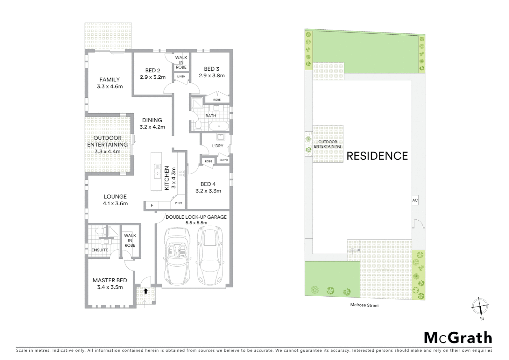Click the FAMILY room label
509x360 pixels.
pyautogui.click(x=110, y=80)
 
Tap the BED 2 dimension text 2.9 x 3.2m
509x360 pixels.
pyautogui.click(x=153, y=77)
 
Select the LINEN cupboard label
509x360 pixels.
pyautogui.click(x=181, y=77)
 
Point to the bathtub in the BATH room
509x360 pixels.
pyautogui.click(x=219, y=126)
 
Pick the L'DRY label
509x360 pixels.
pyautogui.click(x=218, y=146)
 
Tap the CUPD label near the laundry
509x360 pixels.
pyautogui.click(x=224, y=160)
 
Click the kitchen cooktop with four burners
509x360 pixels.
pyautogui.click(x=181, y=173)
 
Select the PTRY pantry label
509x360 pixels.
pyautogui.click(x=179, y=203)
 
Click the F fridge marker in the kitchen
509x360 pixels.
pyautogui.click(x=152, y=205)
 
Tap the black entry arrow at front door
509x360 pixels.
pyautogui.click(x=146, y=291)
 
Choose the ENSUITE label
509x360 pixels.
pyautogui.click(x=100, y=250)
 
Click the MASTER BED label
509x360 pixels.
pyautogui.click(x=110, y=280)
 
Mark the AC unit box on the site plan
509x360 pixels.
pyautogui.click(x=415, y=200)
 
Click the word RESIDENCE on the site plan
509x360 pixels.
pyautogui.click(x=377, y=156)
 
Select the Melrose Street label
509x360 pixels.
pyautogui.click(x=364, y=305)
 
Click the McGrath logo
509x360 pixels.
pyautogui.click(x=458, y=338)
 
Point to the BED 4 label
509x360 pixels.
pyautogui.click(x=208, y=184)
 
